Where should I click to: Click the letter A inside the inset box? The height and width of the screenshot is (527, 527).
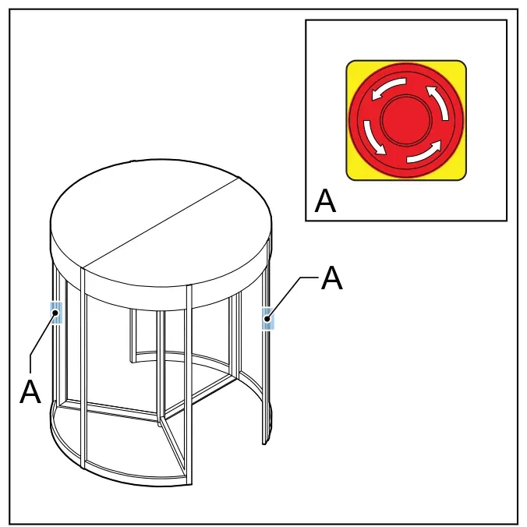coord(325,200)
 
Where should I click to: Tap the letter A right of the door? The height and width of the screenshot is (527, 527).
coord(332,278)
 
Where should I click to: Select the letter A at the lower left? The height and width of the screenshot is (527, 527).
coord(30,391)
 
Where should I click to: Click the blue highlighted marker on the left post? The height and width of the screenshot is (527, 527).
coord(56,313)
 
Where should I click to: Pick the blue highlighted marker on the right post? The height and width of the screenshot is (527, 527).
coord(268,318)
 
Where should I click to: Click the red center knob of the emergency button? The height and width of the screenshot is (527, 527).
coord(406,119)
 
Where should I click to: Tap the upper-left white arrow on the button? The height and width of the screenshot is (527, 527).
coord(388,88)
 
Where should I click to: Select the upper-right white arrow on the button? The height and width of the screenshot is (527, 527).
coord(438,102)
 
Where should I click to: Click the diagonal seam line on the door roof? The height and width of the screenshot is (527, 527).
coord(161,223)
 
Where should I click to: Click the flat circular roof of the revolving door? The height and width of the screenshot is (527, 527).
coord(161,222)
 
